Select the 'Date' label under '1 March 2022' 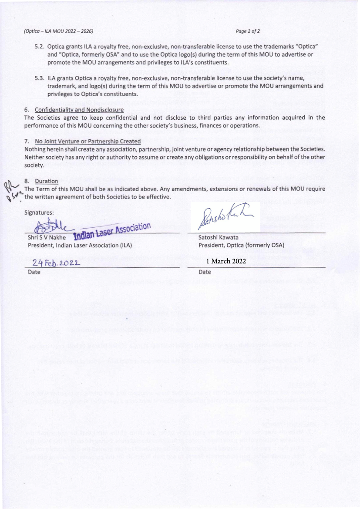pos(205,272)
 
